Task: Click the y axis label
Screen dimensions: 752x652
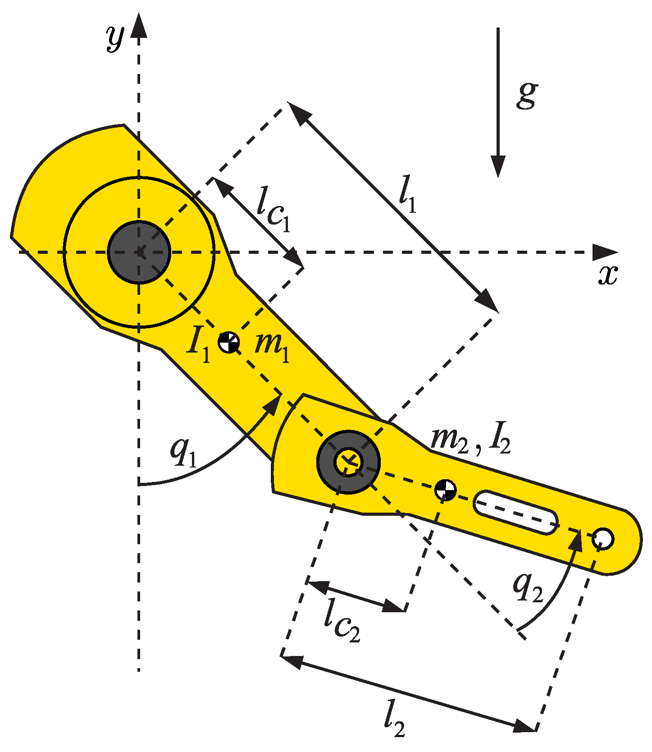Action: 115,38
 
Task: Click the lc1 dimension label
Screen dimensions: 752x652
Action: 273,214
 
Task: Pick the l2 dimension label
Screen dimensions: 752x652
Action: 394,722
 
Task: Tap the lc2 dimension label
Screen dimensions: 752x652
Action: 342,626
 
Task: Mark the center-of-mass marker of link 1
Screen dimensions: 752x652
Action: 229,343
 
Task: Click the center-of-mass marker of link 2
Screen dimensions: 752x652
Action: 445,490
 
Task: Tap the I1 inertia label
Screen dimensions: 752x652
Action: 199,347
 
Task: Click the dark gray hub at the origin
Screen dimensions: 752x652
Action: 139,252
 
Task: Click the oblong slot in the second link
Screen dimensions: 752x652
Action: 515,513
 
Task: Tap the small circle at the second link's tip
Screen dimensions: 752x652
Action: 603,538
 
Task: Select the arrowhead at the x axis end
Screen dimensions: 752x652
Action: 605,252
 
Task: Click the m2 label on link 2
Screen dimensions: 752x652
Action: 450,440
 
